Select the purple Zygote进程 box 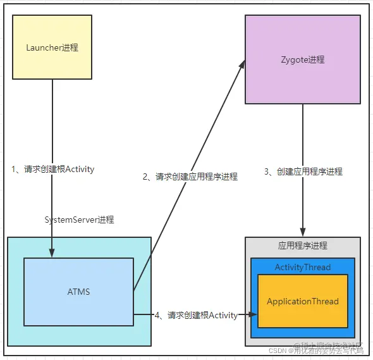click(x=302, y=59)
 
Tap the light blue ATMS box click(x=78, y=292)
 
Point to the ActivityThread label click(x=302, y=267)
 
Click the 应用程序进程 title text click(x=302, y=245)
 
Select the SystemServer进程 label click(x=79, y=220)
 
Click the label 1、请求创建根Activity click(x=53, y=169)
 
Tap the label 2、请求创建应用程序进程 click(x=190, y=177)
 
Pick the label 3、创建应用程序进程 click(x=303, y=171)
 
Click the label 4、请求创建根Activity click(x=196, y=315)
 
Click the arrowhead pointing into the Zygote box click(x=242, y=64)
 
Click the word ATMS click(x=78, y=292)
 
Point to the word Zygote click(x=294, y=59)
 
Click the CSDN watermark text click(x=278, y=351)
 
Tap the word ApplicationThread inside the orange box click(x=302, y=302)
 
